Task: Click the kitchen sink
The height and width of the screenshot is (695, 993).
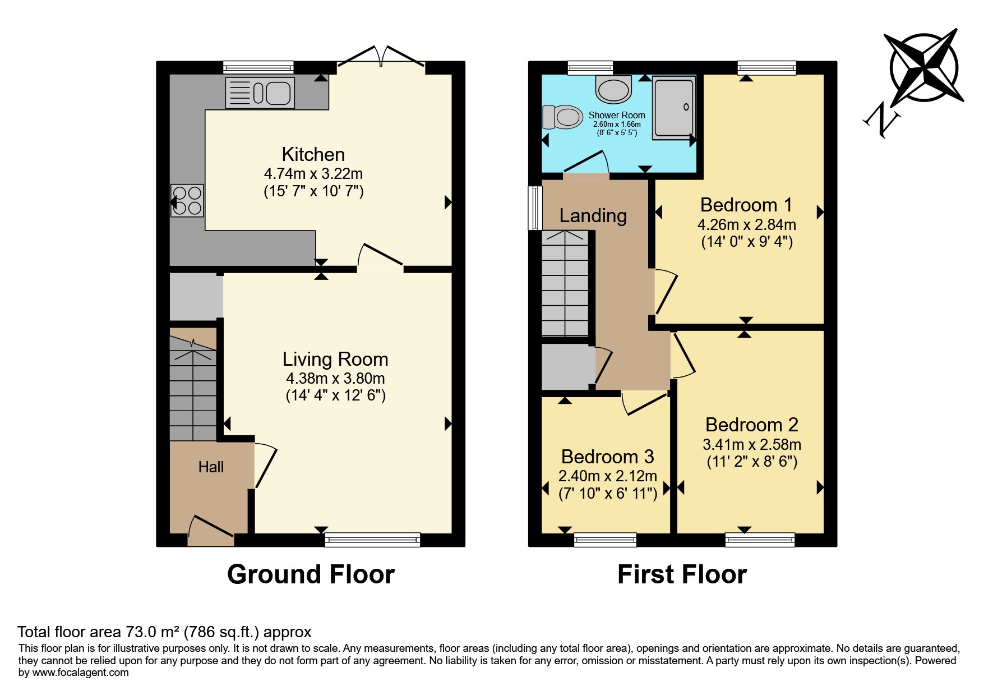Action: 260,93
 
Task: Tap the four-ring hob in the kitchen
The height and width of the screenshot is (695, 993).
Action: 187,201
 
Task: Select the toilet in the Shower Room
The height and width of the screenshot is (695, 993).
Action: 562,117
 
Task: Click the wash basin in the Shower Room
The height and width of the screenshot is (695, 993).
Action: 614,90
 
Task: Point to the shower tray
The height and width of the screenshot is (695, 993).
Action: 673,107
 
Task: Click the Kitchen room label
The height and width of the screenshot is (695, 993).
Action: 313,154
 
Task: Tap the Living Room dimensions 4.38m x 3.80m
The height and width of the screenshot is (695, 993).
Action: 335,378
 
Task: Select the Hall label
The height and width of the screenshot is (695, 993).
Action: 211,467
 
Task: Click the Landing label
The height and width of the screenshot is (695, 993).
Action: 593,216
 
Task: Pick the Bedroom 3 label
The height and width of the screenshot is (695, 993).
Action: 607,457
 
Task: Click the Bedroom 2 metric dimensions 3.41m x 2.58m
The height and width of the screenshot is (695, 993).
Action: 752,444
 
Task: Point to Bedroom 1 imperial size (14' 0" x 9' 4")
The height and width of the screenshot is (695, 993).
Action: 747,242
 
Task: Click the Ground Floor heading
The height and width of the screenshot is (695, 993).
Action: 311,574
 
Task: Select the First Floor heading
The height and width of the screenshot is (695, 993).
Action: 682,574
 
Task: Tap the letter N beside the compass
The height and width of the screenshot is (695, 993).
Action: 882,120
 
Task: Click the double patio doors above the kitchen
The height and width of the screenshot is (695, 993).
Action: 381,58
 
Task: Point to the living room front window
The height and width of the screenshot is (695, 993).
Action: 372,540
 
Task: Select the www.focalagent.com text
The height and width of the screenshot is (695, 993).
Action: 81,673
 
